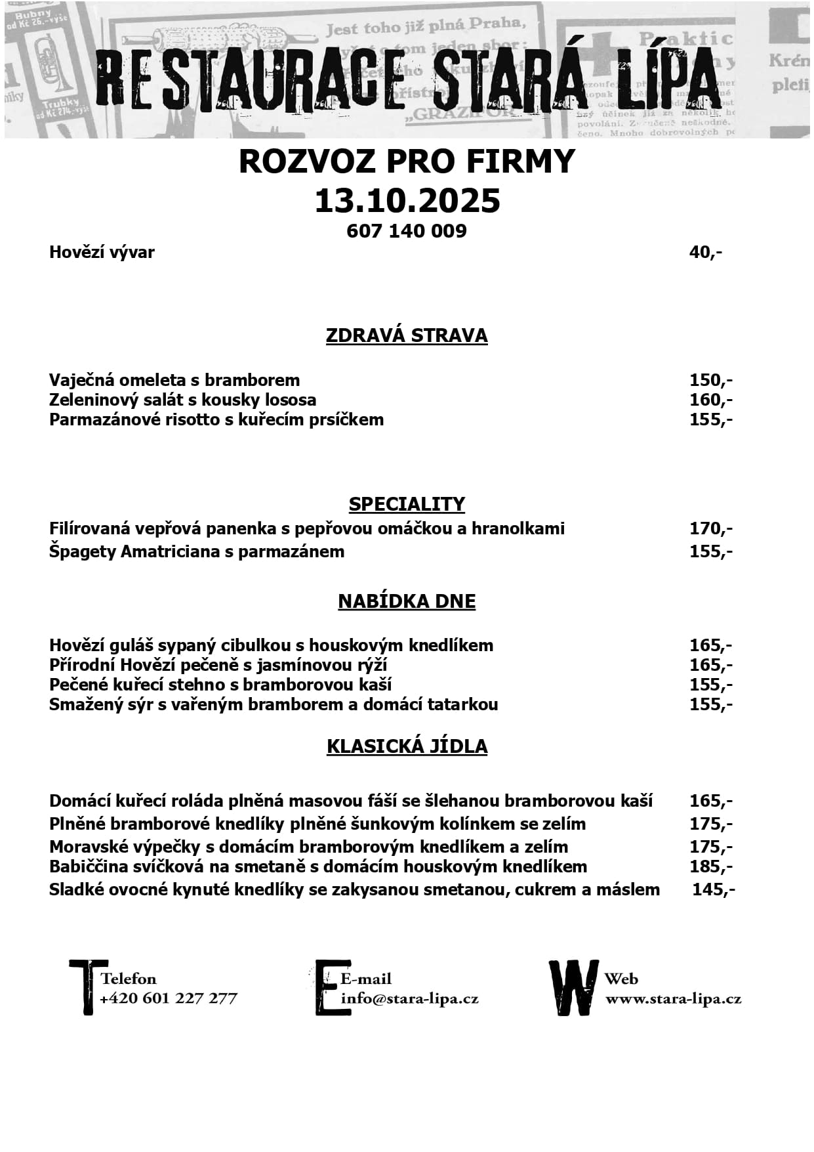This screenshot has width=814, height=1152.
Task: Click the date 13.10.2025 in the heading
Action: point(407,200)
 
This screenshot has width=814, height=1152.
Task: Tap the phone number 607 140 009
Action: point(407,231)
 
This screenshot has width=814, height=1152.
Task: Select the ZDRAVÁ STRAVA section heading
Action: point(407,335)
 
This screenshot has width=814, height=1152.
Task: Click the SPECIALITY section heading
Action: point(407,504)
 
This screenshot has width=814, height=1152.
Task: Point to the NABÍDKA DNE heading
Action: point(407,601)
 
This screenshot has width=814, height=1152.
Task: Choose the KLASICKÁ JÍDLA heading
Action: point(407,746)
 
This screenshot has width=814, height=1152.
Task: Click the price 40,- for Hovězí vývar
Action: point(705,252)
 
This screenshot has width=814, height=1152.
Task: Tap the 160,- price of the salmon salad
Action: point(710,400)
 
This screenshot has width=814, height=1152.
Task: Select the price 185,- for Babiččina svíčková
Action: point(710,866)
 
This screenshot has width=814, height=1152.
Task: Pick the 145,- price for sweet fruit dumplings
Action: point(713,889)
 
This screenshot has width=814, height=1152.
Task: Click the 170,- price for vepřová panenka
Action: point(710,528)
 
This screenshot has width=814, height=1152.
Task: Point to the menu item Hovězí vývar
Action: point(102,252)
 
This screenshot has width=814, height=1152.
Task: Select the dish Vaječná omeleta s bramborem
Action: point(174,380)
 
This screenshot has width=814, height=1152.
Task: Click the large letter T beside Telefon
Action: point(87,987)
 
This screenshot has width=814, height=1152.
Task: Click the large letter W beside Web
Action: point(573,988)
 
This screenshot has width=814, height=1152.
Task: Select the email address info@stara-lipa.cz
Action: point(410,999)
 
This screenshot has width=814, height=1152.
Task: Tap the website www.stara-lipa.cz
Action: point(673,999)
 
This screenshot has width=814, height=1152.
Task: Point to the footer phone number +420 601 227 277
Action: point(169,998)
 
